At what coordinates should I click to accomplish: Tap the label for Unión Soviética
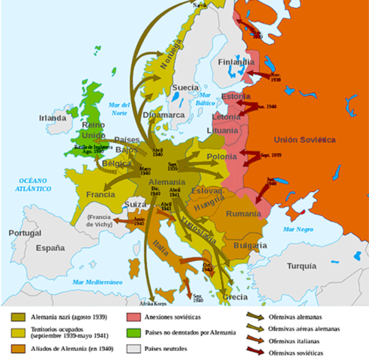coord(304,140)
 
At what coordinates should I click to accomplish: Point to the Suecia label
coord(185,88)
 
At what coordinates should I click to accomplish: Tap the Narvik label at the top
coord(199,4)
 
